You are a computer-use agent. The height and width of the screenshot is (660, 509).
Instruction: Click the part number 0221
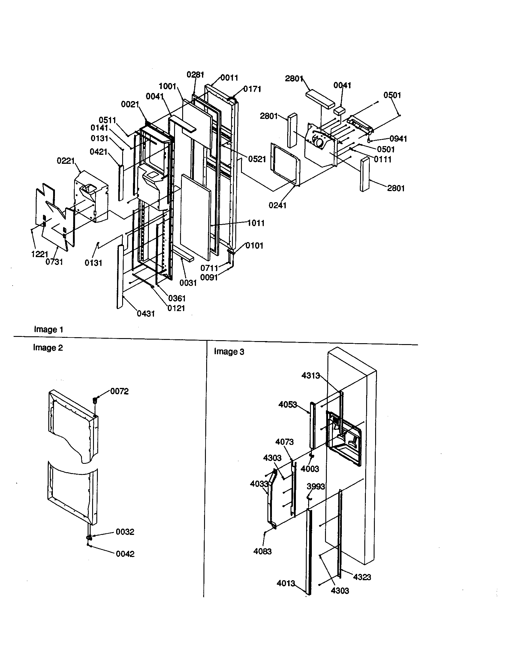pos(66,161)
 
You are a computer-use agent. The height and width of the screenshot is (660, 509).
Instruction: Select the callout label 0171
pos(252,89)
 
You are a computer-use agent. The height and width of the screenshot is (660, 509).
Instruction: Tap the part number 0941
pos(398,139)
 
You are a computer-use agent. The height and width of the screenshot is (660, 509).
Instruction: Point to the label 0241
pos(277,205)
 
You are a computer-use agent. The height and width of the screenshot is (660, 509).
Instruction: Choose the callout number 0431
pos(146,314)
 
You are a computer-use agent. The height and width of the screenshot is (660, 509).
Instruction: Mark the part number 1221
pos(40,254)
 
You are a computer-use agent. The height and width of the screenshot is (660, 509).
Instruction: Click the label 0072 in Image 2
pos(119,391)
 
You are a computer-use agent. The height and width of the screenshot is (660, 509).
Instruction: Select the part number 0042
pos(125,554)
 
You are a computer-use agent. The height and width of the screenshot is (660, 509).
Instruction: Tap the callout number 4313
pos(310,376)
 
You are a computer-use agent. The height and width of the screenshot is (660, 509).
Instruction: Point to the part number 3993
pos(315,487)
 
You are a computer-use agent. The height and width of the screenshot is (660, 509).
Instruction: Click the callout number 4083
pos(262,551)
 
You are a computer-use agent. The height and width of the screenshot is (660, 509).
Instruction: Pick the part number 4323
pos(362,577)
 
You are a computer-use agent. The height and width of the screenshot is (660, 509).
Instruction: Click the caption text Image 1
pos(48,329)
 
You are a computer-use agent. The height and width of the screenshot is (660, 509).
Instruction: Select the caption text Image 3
pos(229,352)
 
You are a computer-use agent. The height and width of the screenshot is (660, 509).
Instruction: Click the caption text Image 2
pos(48,347)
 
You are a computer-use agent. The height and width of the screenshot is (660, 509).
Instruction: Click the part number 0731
pos(54,262)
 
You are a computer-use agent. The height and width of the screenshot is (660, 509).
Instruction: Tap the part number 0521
pos(257,159)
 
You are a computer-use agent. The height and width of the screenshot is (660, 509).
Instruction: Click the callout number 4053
pos(288,404)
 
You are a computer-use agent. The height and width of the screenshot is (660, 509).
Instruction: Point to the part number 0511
pos(107,120)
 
